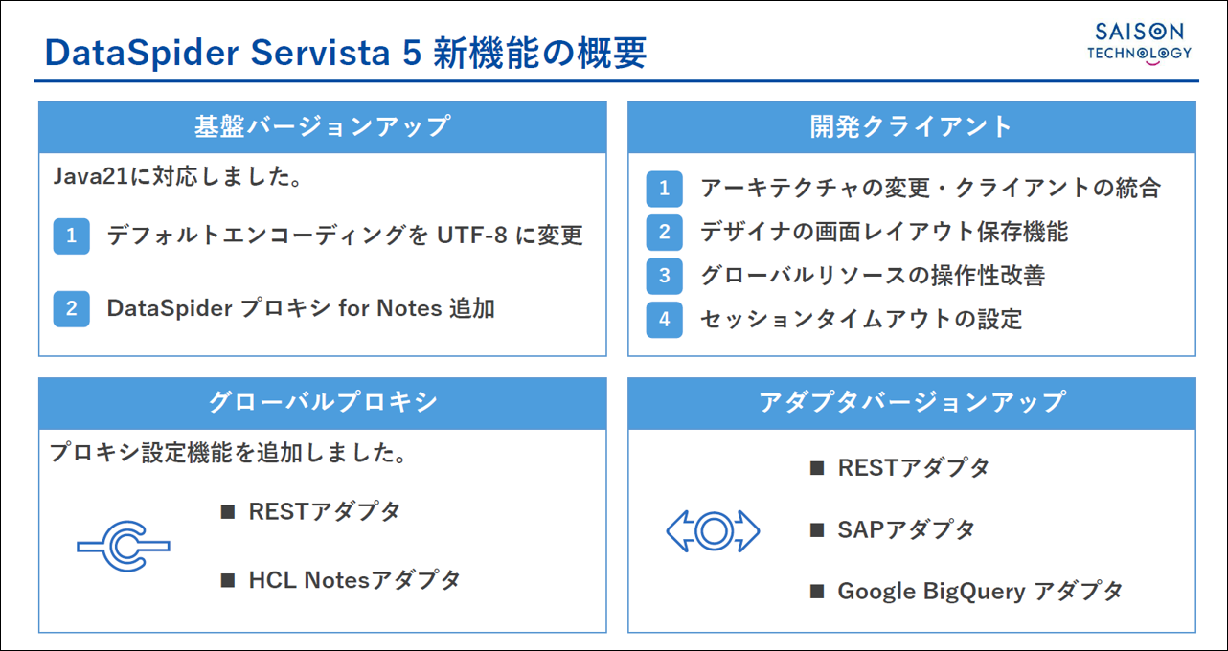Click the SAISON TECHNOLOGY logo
tap(1139, 44)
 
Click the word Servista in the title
tap(320, 54)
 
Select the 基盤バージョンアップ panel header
tap(323, 126)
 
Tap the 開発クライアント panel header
tap(911, 126)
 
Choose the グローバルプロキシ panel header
tap(323, 403)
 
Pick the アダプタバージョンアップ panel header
tap(911, 403)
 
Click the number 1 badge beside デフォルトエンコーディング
tap(71, 236)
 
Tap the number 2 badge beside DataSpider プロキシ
tap(71, 308)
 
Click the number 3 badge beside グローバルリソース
tap(665, 276)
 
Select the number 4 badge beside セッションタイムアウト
tap(665, 320)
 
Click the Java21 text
tap(90, 177)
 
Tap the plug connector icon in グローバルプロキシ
tap(124, 547)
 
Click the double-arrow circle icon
tap(714, 530)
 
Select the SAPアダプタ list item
tap(905, 530)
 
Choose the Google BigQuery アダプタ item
tap(980, 592)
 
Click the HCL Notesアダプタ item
tap(354, 580)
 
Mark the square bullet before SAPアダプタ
tap(817, 530)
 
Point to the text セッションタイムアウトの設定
tap(861, 320)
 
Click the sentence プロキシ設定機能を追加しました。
tap(228, 453)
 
